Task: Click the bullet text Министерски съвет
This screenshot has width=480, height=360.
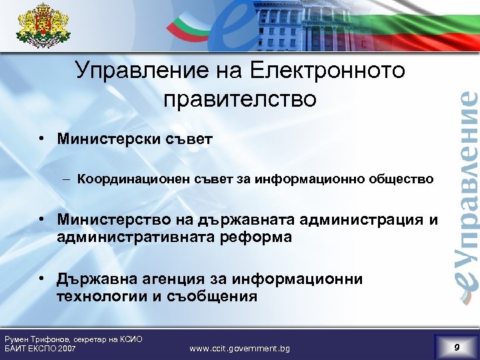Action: click(135, 139)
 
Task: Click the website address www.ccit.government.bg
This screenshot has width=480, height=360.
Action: click(239, 347)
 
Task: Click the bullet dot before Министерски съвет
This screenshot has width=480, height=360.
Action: click(42, 139)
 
